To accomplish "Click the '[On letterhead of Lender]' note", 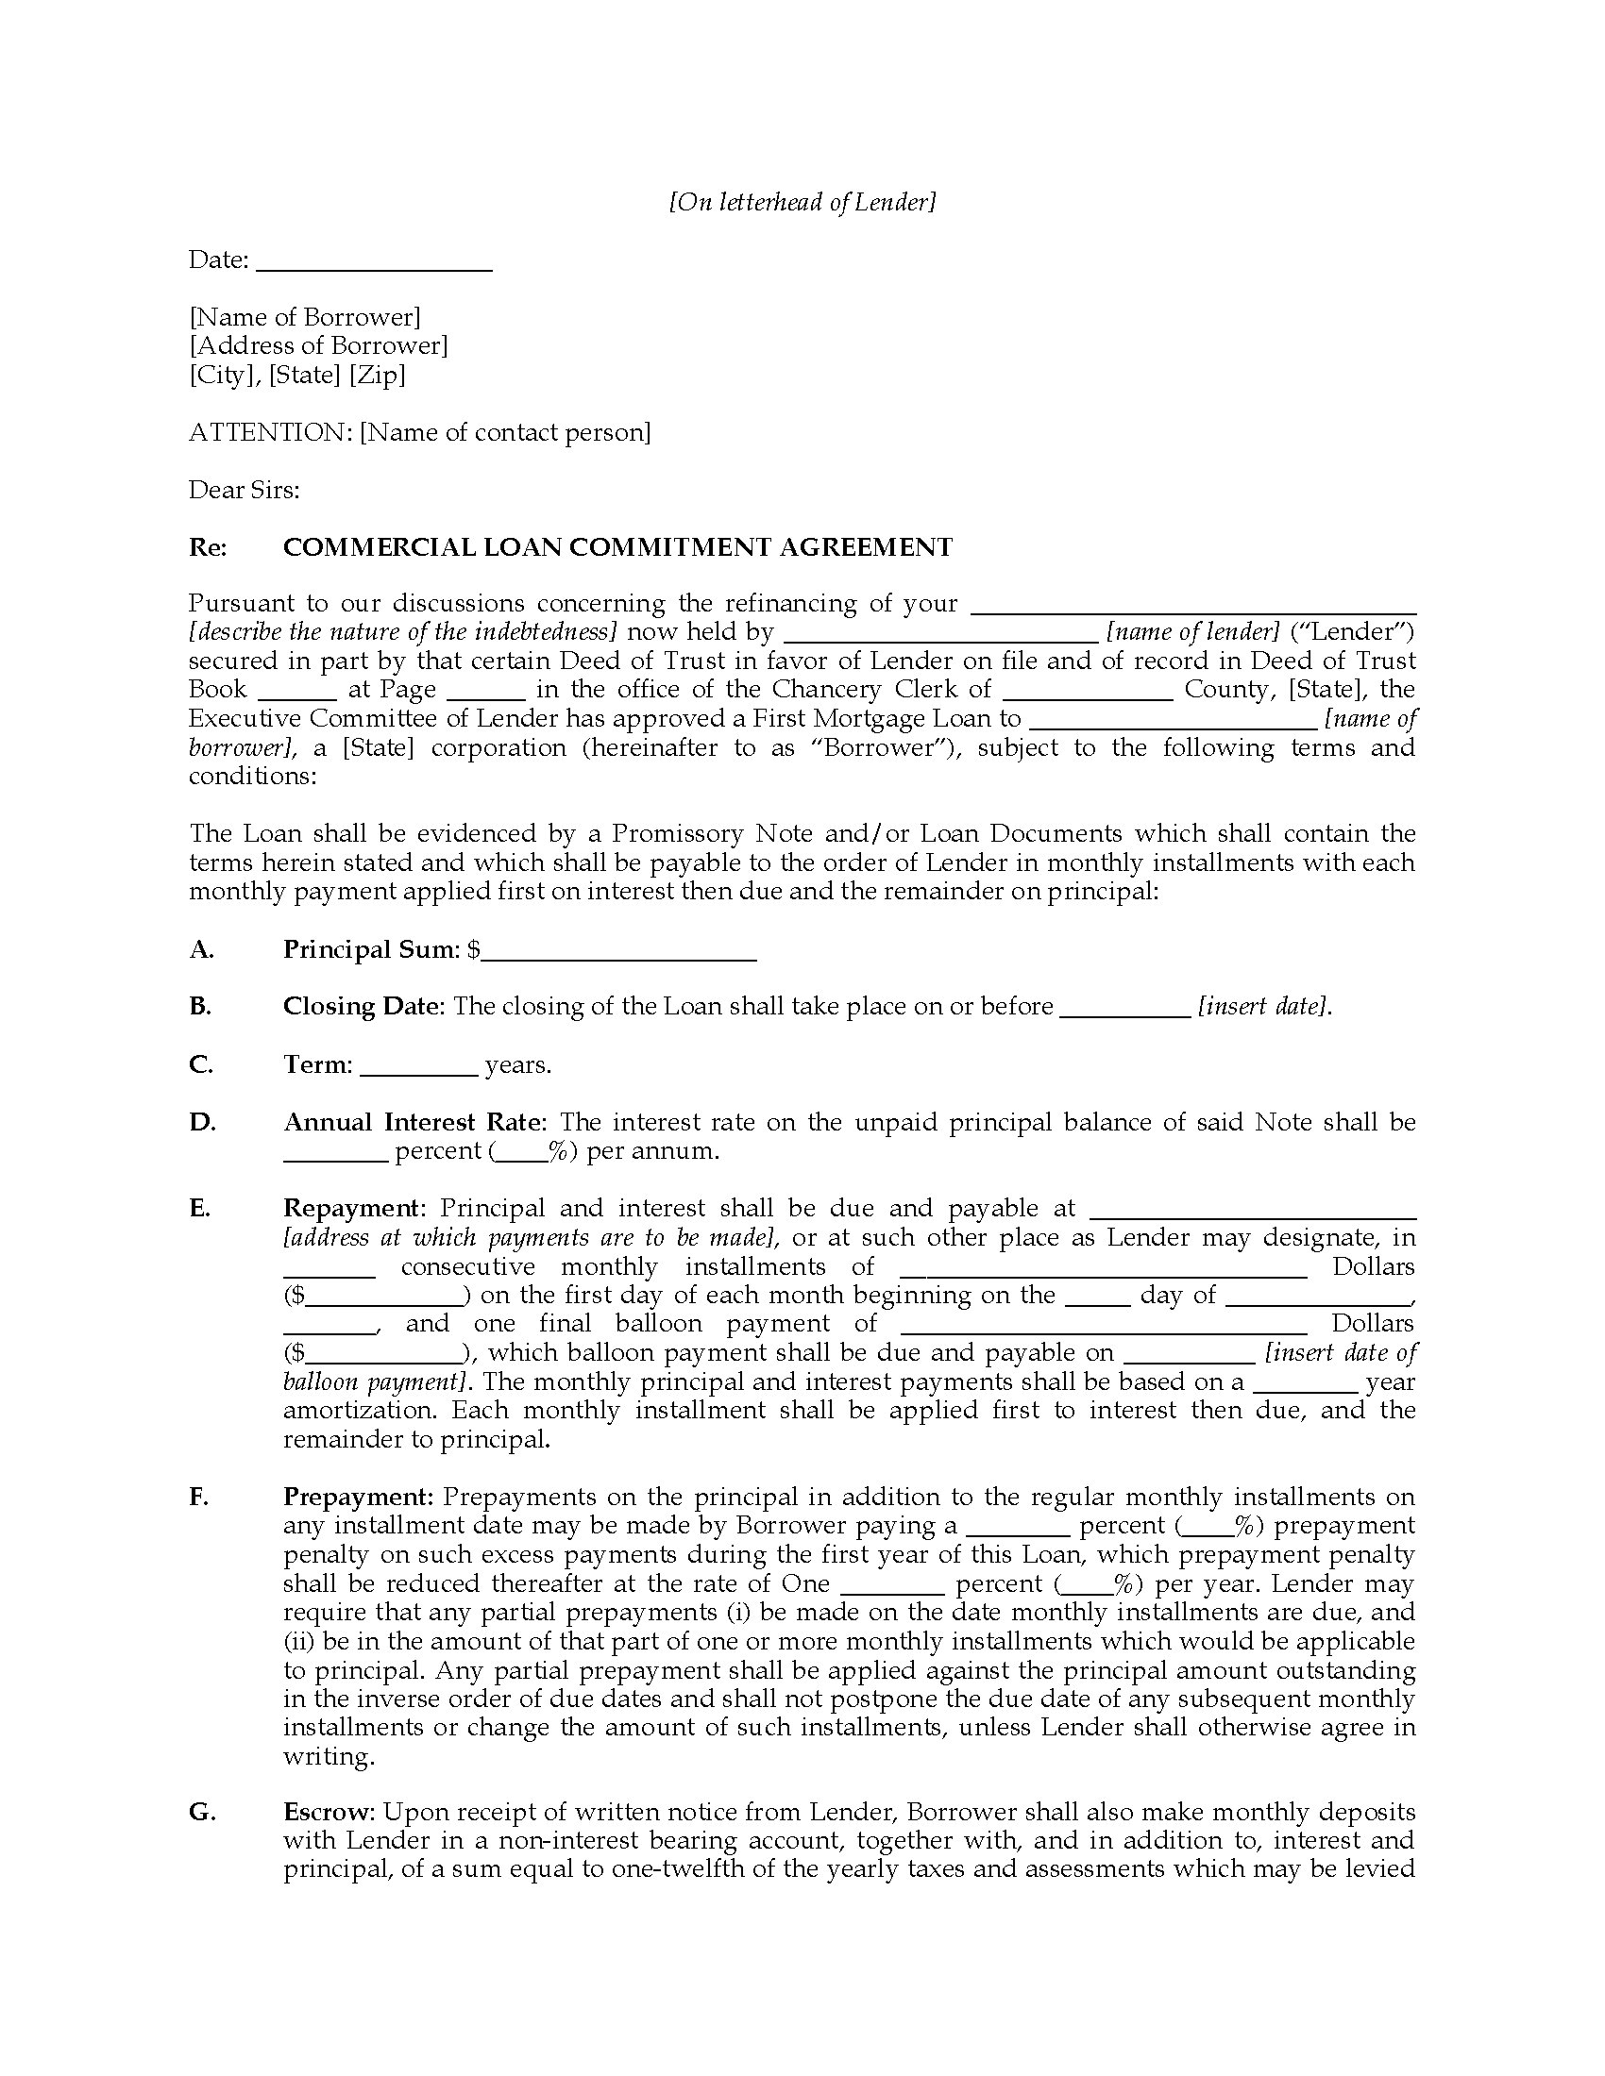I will pos(802,203).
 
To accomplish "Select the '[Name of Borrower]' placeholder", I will pos(304,316).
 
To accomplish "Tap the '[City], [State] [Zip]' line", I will pos(296,375).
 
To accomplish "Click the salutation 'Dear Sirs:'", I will pos(244,490).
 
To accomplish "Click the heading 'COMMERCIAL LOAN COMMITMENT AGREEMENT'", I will pos(617,547).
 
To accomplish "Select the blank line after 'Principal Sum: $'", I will pos(618,954).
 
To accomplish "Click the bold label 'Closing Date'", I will pos(363,1007).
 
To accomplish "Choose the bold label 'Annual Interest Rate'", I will pos(414,1123).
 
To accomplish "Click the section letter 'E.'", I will pos(199,1209).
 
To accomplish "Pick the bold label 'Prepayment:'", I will pos(359,1498).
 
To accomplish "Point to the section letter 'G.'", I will pos(202,1813).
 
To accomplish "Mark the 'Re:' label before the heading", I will pos(208,547).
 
